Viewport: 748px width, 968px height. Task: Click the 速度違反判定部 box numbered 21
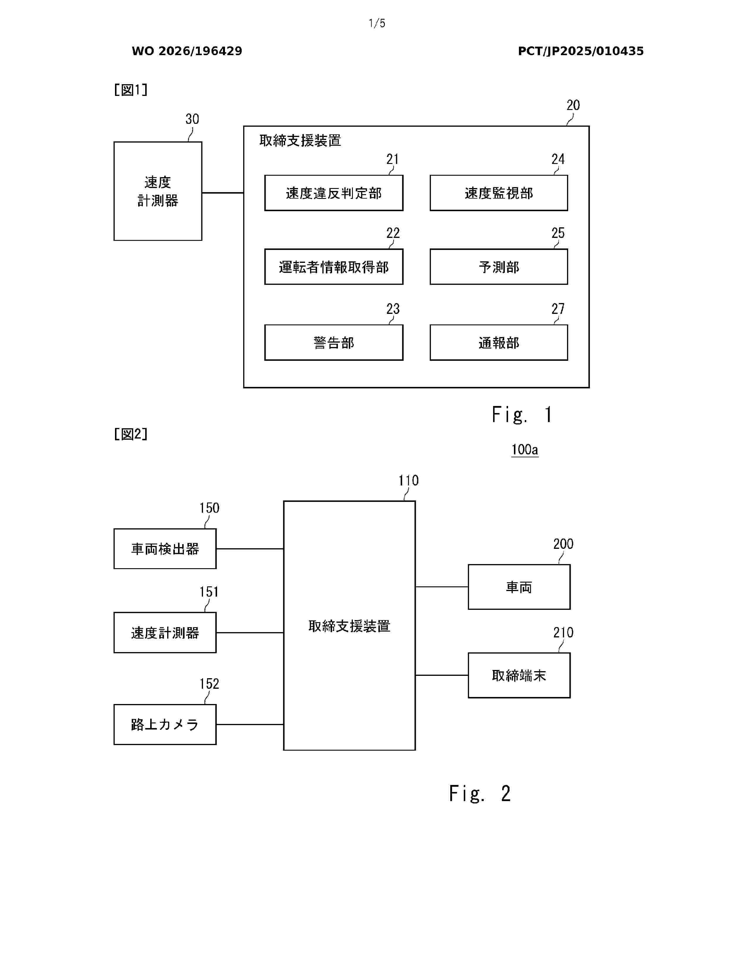coord(334,193)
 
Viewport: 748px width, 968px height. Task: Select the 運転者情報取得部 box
coord(334,267)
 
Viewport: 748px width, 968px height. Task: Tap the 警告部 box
coord(334,343)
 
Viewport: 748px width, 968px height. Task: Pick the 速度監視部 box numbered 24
coord(498,193)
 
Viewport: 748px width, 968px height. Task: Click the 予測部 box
coord(498,267)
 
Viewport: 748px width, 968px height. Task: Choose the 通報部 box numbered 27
coord(498,343)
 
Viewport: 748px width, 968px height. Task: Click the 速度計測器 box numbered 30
coord(158,191)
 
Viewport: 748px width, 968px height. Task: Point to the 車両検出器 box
coord(165,549)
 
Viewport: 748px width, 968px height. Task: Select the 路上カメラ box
coord(165,725)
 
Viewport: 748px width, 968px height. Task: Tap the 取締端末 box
coord(519,676)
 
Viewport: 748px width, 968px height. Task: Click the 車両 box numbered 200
coord(519,587)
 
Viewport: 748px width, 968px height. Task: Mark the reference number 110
coord(408,480)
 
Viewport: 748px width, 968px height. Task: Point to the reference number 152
coord(209,684)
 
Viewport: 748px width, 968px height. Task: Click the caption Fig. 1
coord(522,415)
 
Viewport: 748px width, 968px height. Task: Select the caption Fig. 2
coord(480,793)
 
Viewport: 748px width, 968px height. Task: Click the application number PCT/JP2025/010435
coord(581,51)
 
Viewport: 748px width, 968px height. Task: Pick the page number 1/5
coord(377,23)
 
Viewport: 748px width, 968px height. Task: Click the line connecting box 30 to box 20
coord(223,193)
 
